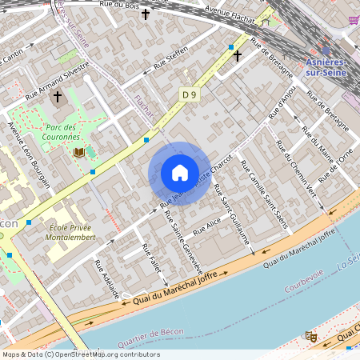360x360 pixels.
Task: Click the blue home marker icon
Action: coord(180,173)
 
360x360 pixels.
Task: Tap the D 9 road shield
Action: coord(189,94)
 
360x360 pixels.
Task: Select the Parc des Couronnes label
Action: coord(61,132)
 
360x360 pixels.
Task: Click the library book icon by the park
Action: coord(78,152)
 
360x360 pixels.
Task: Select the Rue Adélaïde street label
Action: coord(106,278)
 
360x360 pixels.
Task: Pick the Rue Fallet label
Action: coord(151,261)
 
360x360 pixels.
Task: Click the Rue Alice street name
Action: coord(206,226)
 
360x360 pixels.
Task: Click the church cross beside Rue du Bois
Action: coord(145,14)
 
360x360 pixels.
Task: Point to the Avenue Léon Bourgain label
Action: coord(29,155)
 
